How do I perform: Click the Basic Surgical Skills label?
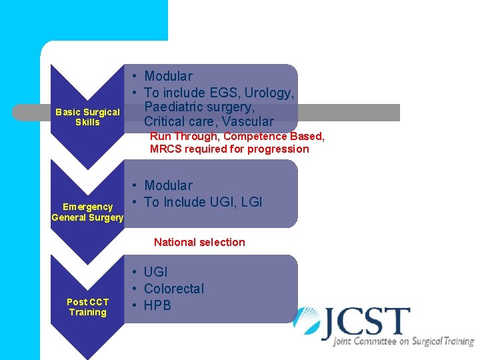87,117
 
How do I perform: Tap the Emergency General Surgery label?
87,212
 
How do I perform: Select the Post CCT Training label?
87,307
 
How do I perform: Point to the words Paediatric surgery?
199,107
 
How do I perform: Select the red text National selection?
199,243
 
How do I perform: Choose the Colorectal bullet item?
174,289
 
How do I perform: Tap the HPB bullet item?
157,305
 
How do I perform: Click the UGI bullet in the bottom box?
155,272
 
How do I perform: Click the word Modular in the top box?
168,76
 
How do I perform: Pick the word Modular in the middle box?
168,185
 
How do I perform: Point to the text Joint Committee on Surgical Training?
403,342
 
